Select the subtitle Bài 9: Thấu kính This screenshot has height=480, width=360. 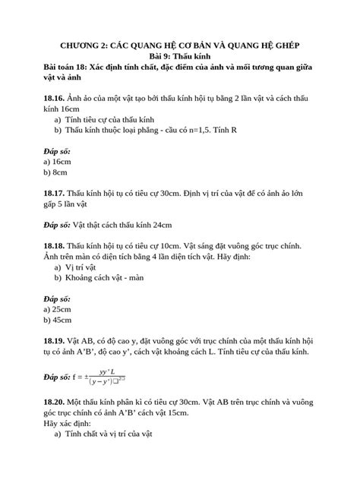click(180, 56)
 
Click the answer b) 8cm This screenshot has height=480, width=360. click(56, 172)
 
